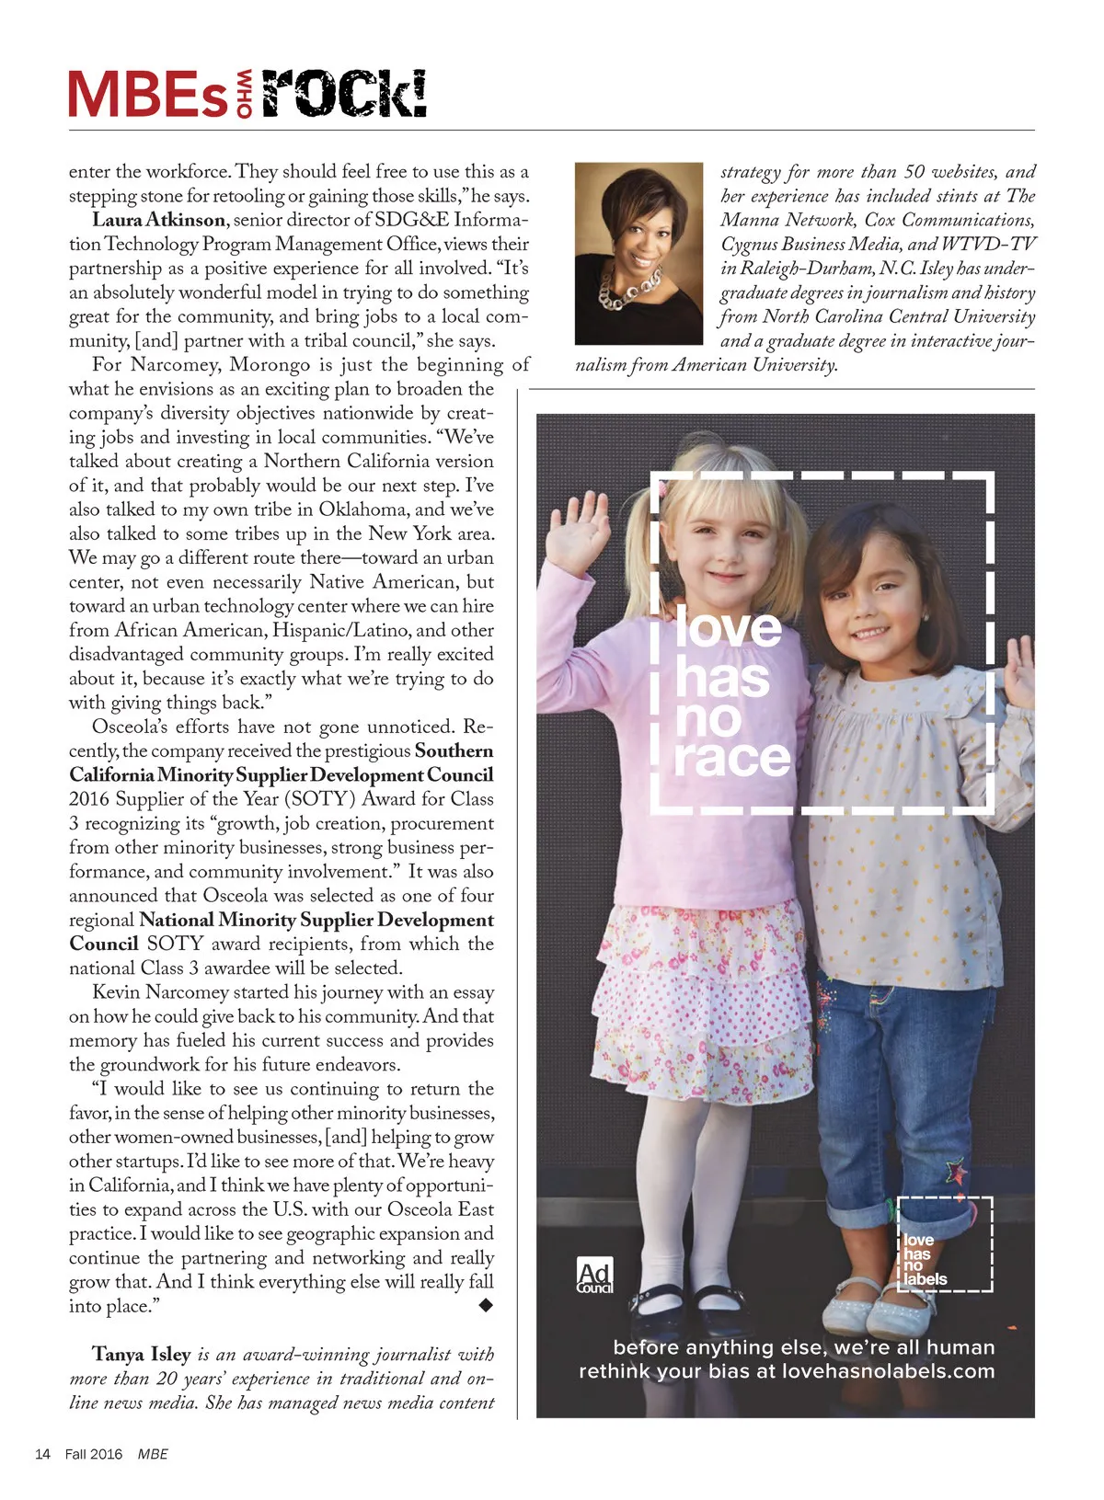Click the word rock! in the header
pyautogui.click(x=344, y=94)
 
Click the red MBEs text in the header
pyautogui.click(x=147, y=96)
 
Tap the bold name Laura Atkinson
pyautogui.click(x=158, y=220)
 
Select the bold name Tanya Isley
pyautogui.click(x=141, y=1354)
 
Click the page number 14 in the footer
pyautogui.click(x=42, y=1454)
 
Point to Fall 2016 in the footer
pyautogui.click(x=93, y=1454)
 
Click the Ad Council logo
pyautogui.click(x=594, y=1276)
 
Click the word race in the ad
pyautogui.click(x=732, y=758)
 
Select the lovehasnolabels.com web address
pyautogui.click(x=888, y=1371)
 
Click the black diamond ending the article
pyautogui.click(x=486, y=1305)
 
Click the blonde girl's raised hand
pyautogui.click(x=577, y=527)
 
